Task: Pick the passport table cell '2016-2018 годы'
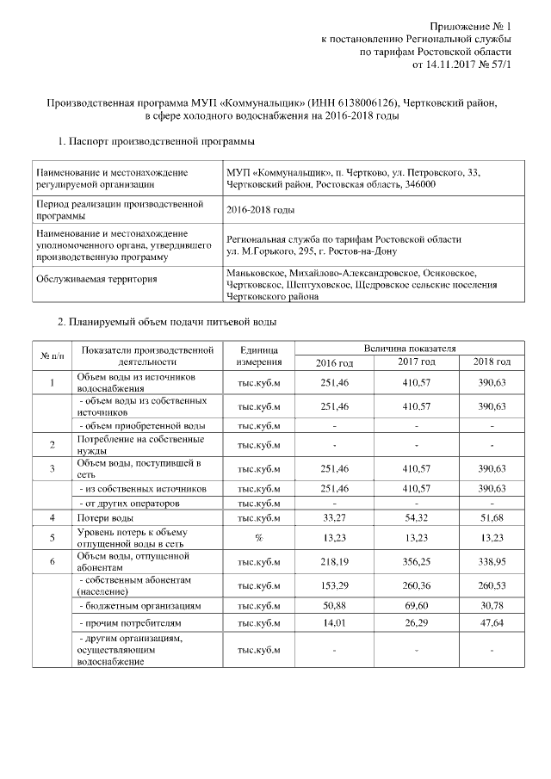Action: (260, 209)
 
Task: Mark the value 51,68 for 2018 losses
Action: (492, 518)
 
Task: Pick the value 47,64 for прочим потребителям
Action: (492, 621)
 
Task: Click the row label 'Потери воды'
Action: (104, 518)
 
